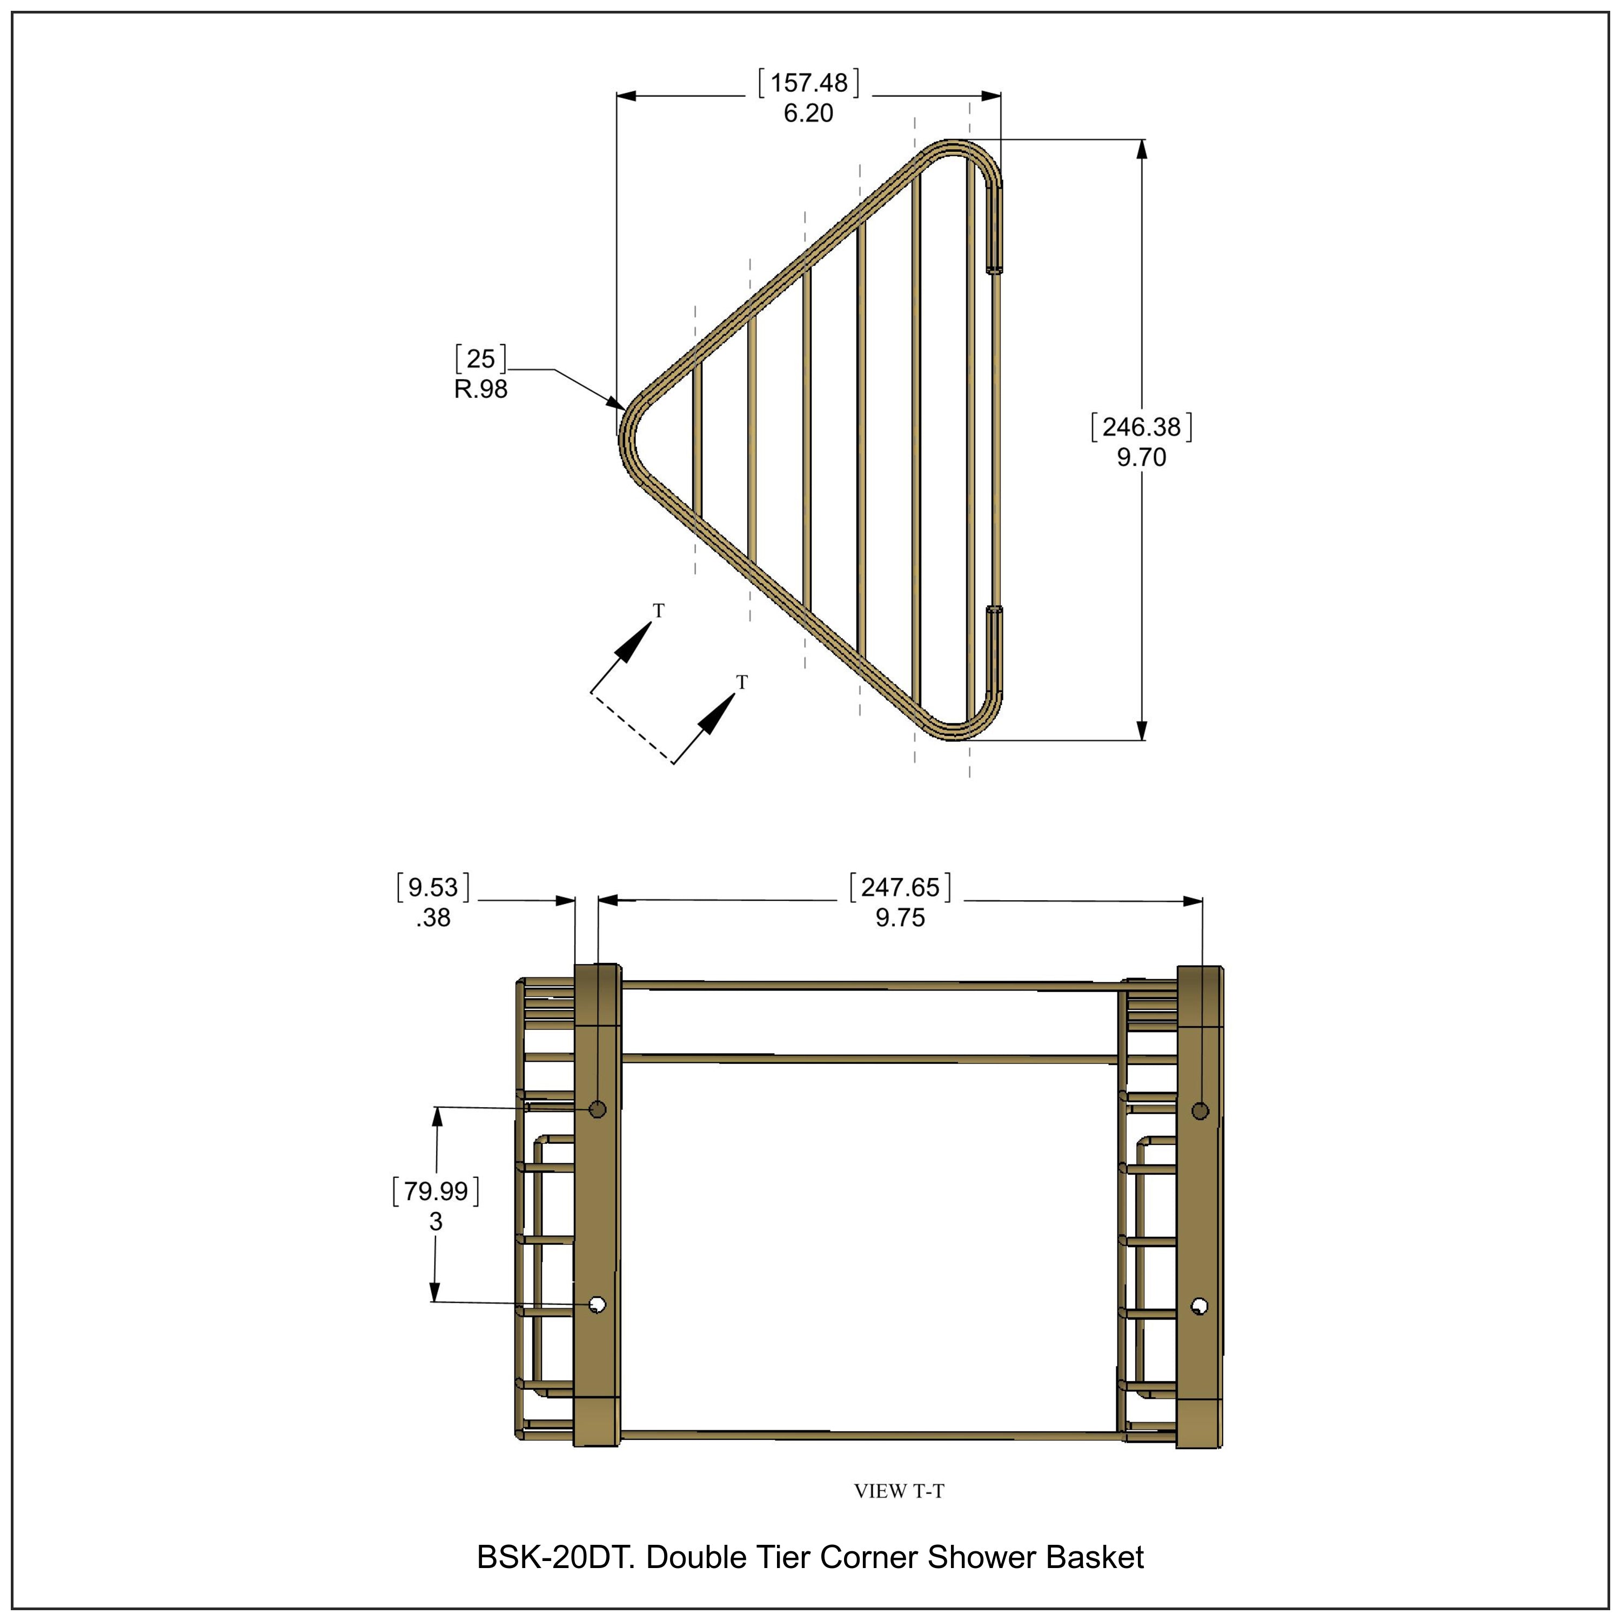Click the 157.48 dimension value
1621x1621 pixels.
coord(809,83)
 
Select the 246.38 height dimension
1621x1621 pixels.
coord(1141,427)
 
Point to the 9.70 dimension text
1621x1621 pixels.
coord(1141,457)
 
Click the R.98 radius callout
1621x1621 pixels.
coord(481,389)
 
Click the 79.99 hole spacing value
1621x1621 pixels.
coord(436,1191)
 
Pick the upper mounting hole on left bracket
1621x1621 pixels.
coord(598,1110)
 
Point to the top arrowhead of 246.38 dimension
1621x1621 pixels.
coord(1141,149)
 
